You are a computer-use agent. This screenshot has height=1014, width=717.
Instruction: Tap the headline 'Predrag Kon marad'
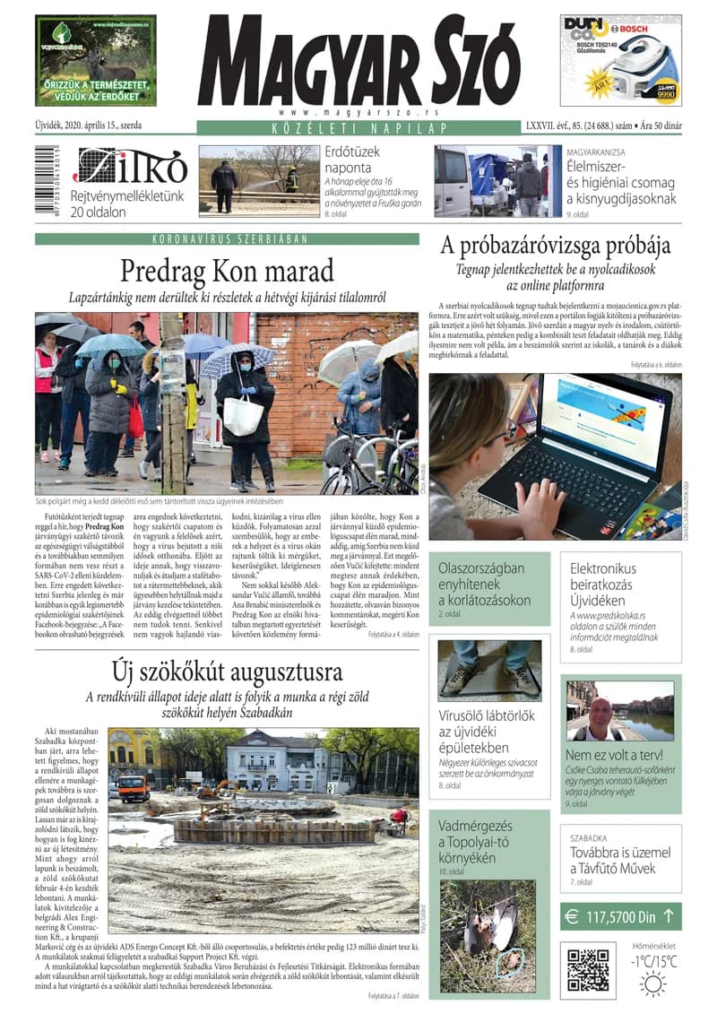pyautogui.click(x=227, y=270)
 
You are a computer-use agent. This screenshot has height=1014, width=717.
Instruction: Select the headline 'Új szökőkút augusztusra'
pyautogui.click(x=227, y=671)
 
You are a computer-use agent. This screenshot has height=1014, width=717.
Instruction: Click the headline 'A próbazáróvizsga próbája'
pyautogui.click(x=555, y=245)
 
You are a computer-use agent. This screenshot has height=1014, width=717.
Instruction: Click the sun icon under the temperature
pyautogui.click(x=652, y=984)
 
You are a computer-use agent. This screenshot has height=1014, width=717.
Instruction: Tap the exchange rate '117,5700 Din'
pyautogui.click(x=620, y=917)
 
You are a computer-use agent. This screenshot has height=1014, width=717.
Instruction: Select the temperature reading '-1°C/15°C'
pyautogui.click(x=652, y=961)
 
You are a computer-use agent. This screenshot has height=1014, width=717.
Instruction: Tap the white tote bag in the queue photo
pyautogui.click(x=243, y=415)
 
